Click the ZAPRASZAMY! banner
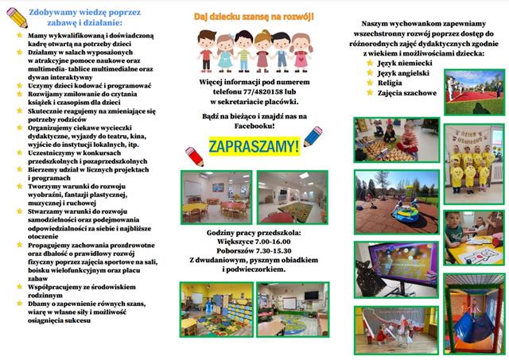(254, 146)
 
